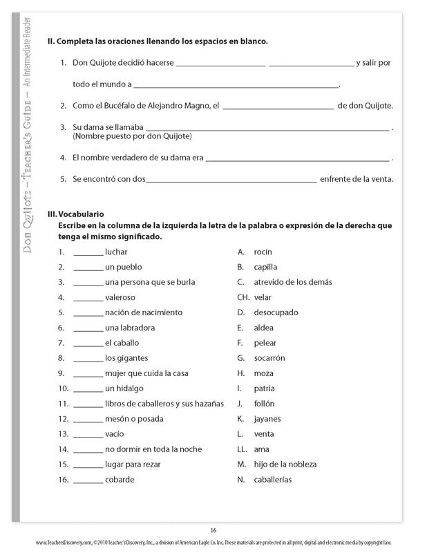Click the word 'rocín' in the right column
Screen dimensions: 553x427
[263, 252]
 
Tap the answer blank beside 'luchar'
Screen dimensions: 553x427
[88, 254]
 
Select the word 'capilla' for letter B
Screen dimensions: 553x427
[266, 267]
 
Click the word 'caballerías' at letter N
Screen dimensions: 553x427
[273, 479]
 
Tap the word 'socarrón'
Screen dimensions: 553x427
[269, 358]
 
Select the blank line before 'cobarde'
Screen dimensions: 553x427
[88, 480]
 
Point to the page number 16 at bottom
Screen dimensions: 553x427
[213, 530]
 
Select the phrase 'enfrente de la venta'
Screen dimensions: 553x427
[357, 179]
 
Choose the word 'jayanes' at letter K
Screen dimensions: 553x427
[267, 418]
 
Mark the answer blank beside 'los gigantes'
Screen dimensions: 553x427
[88, 359]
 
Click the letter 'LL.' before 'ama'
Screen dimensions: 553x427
[242, 449]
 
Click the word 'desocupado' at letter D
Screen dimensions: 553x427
[276, 312]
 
